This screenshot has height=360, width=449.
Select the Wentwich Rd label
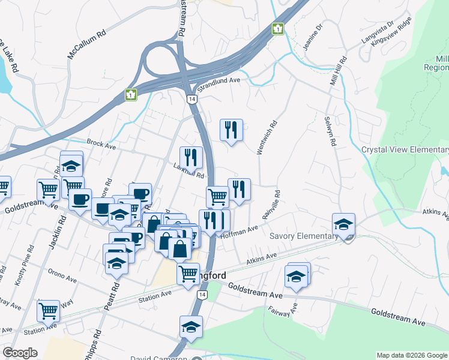pos(267,139)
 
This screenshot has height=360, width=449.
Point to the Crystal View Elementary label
pos(405,150)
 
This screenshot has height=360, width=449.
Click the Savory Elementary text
pos(303,236)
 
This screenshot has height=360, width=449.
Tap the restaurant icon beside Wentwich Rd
pos(231,130)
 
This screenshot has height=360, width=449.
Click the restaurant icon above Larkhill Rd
pos(191,157)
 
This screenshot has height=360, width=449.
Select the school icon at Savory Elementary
pos(343,224)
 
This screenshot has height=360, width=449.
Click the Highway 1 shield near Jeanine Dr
pos(278,28)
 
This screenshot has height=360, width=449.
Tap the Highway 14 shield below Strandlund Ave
pos(191,98)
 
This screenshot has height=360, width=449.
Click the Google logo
pos(20,353)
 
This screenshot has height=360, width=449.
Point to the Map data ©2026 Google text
pos(411,355)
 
